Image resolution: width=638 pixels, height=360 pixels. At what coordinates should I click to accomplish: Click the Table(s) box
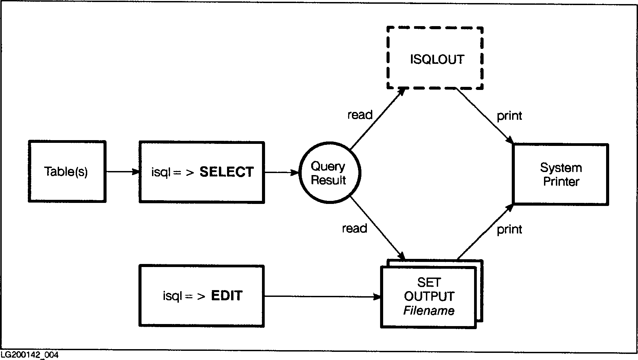(67, 172)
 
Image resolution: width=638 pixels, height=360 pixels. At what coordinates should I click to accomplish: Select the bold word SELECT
(226, 172)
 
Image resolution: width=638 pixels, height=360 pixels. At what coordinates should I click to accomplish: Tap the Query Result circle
(329, 173)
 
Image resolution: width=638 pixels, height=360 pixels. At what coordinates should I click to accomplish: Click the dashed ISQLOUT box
(435, 58)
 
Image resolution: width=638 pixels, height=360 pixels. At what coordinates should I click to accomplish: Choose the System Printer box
(561, 174)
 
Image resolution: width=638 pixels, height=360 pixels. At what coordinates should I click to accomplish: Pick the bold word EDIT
(227, 296)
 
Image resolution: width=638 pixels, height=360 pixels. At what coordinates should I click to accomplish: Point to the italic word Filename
(429, 310)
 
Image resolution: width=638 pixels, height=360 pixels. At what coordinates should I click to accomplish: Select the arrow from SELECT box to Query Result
(281, 173)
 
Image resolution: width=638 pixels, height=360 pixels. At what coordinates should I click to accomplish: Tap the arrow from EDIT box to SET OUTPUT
(322, 297)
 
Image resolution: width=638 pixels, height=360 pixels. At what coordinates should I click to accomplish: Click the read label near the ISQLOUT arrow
(360, 115)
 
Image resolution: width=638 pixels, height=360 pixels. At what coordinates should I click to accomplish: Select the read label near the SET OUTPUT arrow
(354, 228)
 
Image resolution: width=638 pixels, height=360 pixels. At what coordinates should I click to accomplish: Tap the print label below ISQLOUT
(509, 116)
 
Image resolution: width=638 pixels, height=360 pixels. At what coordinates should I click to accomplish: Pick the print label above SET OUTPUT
(509, 230)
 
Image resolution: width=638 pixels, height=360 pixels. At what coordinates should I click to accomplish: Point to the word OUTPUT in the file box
(429, 296)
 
